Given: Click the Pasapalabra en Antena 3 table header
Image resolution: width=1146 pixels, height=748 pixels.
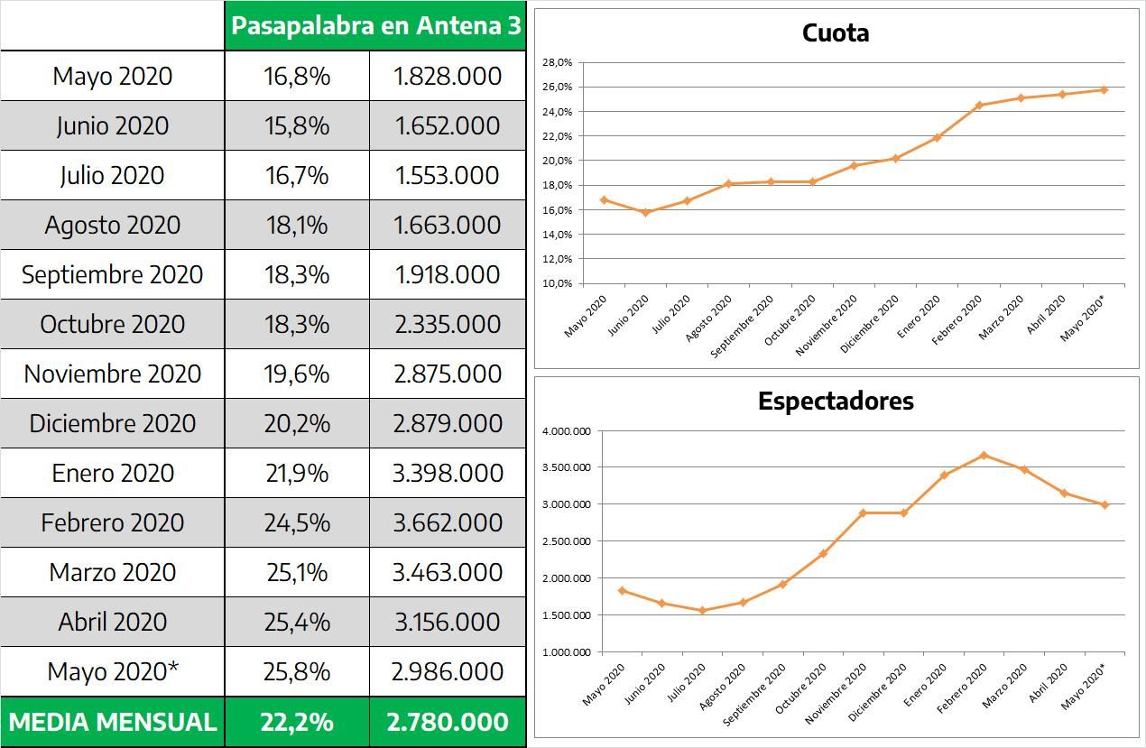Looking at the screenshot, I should click(375, 25).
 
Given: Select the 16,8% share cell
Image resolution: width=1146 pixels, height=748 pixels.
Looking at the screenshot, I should click(297, 76).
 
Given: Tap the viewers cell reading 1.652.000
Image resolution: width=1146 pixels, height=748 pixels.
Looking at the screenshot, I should click(448, 125).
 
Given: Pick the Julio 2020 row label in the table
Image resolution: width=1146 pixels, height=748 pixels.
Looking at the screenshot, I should click(113, 175).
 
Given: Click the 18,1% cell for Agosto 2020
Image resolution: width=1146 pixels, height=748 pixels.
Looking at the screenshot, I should click(297, 225).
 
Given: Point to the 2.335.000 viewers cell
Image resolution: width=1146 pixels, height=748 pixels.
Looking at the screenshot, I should click(448, 324).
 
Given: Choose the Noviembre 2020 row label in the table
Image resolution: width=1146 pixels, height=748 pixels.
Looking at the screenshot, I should click(113, 374).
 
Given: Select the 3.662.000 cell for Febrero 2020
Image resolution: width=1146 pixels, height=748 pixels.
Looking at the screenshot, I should click(448, 522).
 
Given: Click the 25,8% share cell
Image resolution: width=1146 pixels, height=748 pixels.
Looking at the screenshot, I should click(297, 671).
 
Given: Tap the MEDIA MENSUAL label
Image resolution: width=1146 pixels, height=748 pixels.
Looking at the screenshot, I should click(113, 722).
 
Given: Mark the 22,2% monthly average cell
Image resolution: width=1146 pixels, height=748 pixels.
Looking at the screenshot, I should click(297, 722).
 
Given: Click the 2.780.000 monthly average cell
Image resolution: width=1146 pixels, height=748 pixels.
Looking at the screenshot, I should click(448, 722).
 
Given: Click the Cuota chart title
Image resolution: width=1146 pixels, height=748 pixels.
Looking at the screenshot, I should click(836, 33).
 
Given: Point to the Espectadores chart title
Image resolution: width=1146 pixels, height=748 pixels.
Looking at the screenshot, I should click(836, 401).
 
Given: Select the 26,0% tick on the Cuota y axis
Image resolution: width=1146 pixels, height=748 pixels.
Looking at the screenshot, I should click(558, 88).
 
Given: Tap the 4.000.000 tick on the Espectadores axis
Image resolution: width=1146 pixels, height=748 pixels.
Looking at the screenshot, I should click(567, 431).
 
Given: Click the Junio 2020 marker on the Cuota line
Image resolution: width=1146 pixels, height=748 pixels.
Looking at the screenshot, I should click(646, 212).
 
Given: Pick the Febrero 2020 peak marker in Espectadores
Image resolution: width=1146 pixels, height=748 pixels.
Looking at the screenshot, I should click(984, 455).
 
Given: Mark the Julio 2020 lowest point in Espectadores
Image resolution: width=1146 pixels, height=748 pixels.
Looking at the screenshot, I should click(702, 611).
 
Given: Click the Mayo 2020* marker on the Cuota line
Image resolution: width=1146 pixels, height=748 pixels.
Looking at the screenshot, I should click(1104, 89).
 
